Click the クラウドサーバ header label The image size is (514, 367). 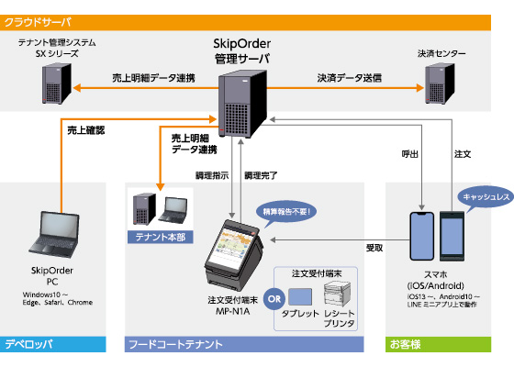click(36, 20)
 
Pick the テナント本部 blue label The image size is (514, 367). click(161, 236)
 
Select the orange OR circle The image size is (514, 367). click(273, 298)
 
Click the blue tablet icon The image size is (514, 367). click(301, 296)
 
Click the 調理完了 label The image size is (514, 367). click(262, 174)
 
